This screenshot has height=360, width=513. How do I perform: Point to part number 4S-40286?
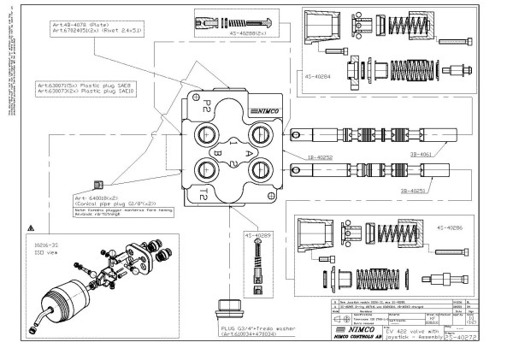click(x=452, y=229)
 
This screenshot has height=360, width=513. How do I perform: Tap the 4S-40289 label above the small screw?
click(x=257, y=234)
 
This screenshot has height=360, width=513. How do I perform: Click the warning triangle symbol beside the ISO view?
click(x=31, y=229)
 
